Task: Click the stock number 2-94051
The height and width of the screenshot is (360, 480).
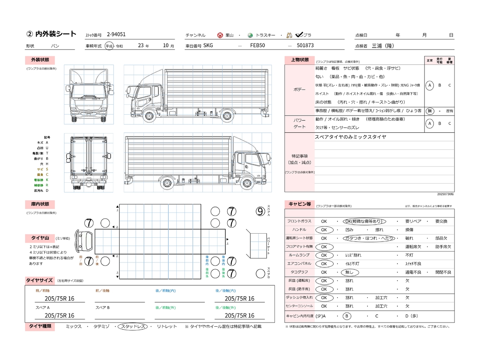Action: pos(116,34)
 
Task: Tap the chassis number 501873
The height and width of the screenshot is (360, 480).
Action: pos(305,45)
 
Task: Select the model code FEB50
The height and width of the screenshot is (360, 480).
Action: pos(258,45)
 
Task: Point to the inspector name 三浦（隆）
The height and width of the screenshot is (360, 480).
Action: pos(383,46)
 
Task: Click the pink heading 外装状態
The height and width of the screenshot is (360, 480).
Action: pos(40,60)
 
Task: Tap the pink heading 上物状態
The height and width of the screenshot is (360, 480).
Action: pos(300,60)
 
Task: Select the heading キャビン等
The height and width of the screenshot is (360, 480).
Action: pos(300,204)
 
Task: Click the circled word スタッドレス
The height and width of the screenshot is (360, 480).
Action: pos(133,327)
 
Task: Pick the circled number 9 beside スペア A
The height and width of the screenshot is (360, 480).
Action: pos(260,211)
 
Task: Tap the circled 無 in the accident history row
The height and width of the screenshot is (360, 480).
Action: pos(430,111)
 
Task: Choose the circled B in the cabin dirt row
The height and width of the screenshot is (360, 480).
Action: pos(347,316)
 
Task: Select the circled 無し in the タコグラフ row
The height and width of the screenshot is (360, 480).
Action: pos(349,272)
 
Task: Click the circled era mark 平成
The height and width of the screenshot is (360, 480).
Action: pos(109,46)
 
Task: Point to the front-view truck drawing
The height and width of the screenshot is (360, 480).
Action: pos(89,94)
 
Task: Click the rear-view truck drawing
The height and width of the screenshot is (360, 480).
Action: pos(89,163)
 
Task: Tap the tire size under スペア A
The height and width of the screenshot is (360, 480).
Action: pos(59,316)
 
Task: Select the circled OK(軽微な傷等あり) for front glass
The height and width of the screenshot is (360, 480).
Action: pos(364,222)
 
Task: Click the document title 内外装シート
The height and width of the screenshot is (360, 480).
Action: pos(55,34)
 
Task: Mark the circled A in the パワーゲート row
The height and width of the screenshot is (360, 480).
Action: pos(430,123)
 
